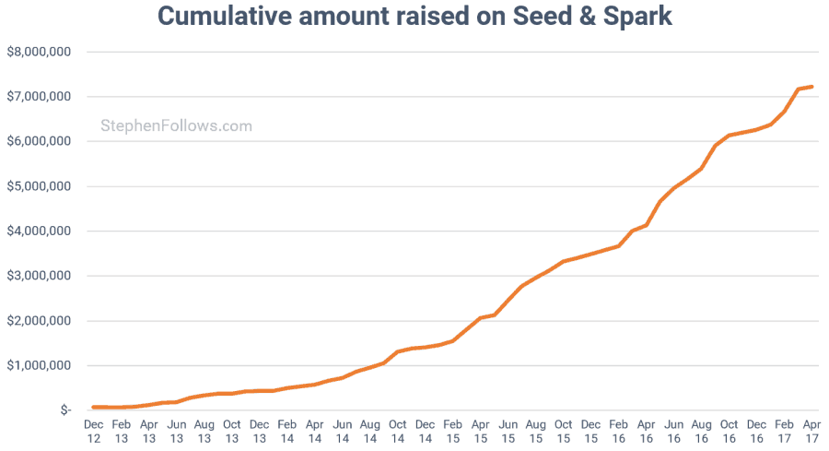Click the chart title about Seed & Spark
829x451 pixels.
point(414,17)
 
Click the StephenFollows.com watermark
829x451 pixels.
point(176,126)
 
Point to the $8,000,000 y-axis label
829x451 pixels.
point(39,52)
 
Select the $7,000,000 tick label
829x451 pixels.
point(39,97)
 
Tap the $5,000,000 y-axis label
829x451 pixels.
point(39,186)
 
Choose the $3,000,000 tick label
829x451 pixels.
point(39,276)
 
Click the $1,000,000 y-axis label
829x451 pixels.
point(39,365)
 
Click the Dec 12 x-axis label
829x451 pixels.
point(93,432)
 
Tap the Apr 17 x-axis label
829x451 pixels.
point(811,432)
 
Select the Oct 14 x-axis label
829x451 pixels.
point(397,432)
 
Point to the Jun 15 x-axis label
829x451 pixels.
point(508,432)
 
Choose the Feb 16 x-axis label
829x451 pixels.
point(618,432)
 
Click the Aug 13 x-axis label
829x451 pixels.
point(204,432)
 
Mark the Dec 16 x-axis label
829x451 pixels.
point(756,432)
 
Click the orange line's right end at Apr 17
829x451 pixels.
point(811,87)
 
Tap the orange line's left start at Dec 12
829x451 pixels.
point(93,407)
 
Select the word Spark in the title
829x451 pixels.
point(638,17)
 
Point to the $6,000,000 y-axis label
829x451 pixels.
point(39,141)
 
